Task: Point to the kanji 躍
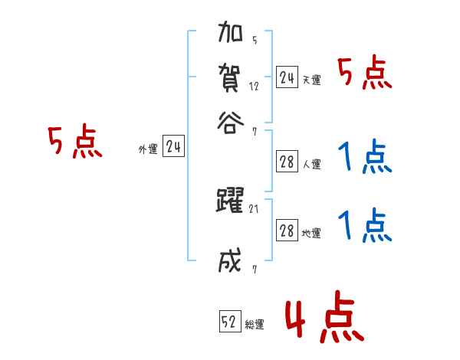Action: [x=231, y=201]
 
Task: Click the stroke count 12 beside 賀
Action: [x=255, y=87]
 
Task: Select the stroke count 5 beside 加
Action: [x=255, y=40]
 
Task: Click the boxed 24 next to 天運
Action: [x=287, y=77]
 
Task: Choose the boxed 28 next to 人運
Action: [x=287, y=162]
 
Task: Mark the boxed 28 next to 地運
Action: [x=287, y=231]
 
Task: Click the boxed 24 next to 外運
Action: [x=174, y=148]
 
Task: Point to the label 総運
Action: [x=255, y=325]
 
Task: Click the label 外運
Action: [x=148, y=150]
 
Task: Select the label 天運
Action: [x=311, y=80]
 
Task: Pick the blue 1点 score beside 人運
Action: [x=364, y=159]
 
